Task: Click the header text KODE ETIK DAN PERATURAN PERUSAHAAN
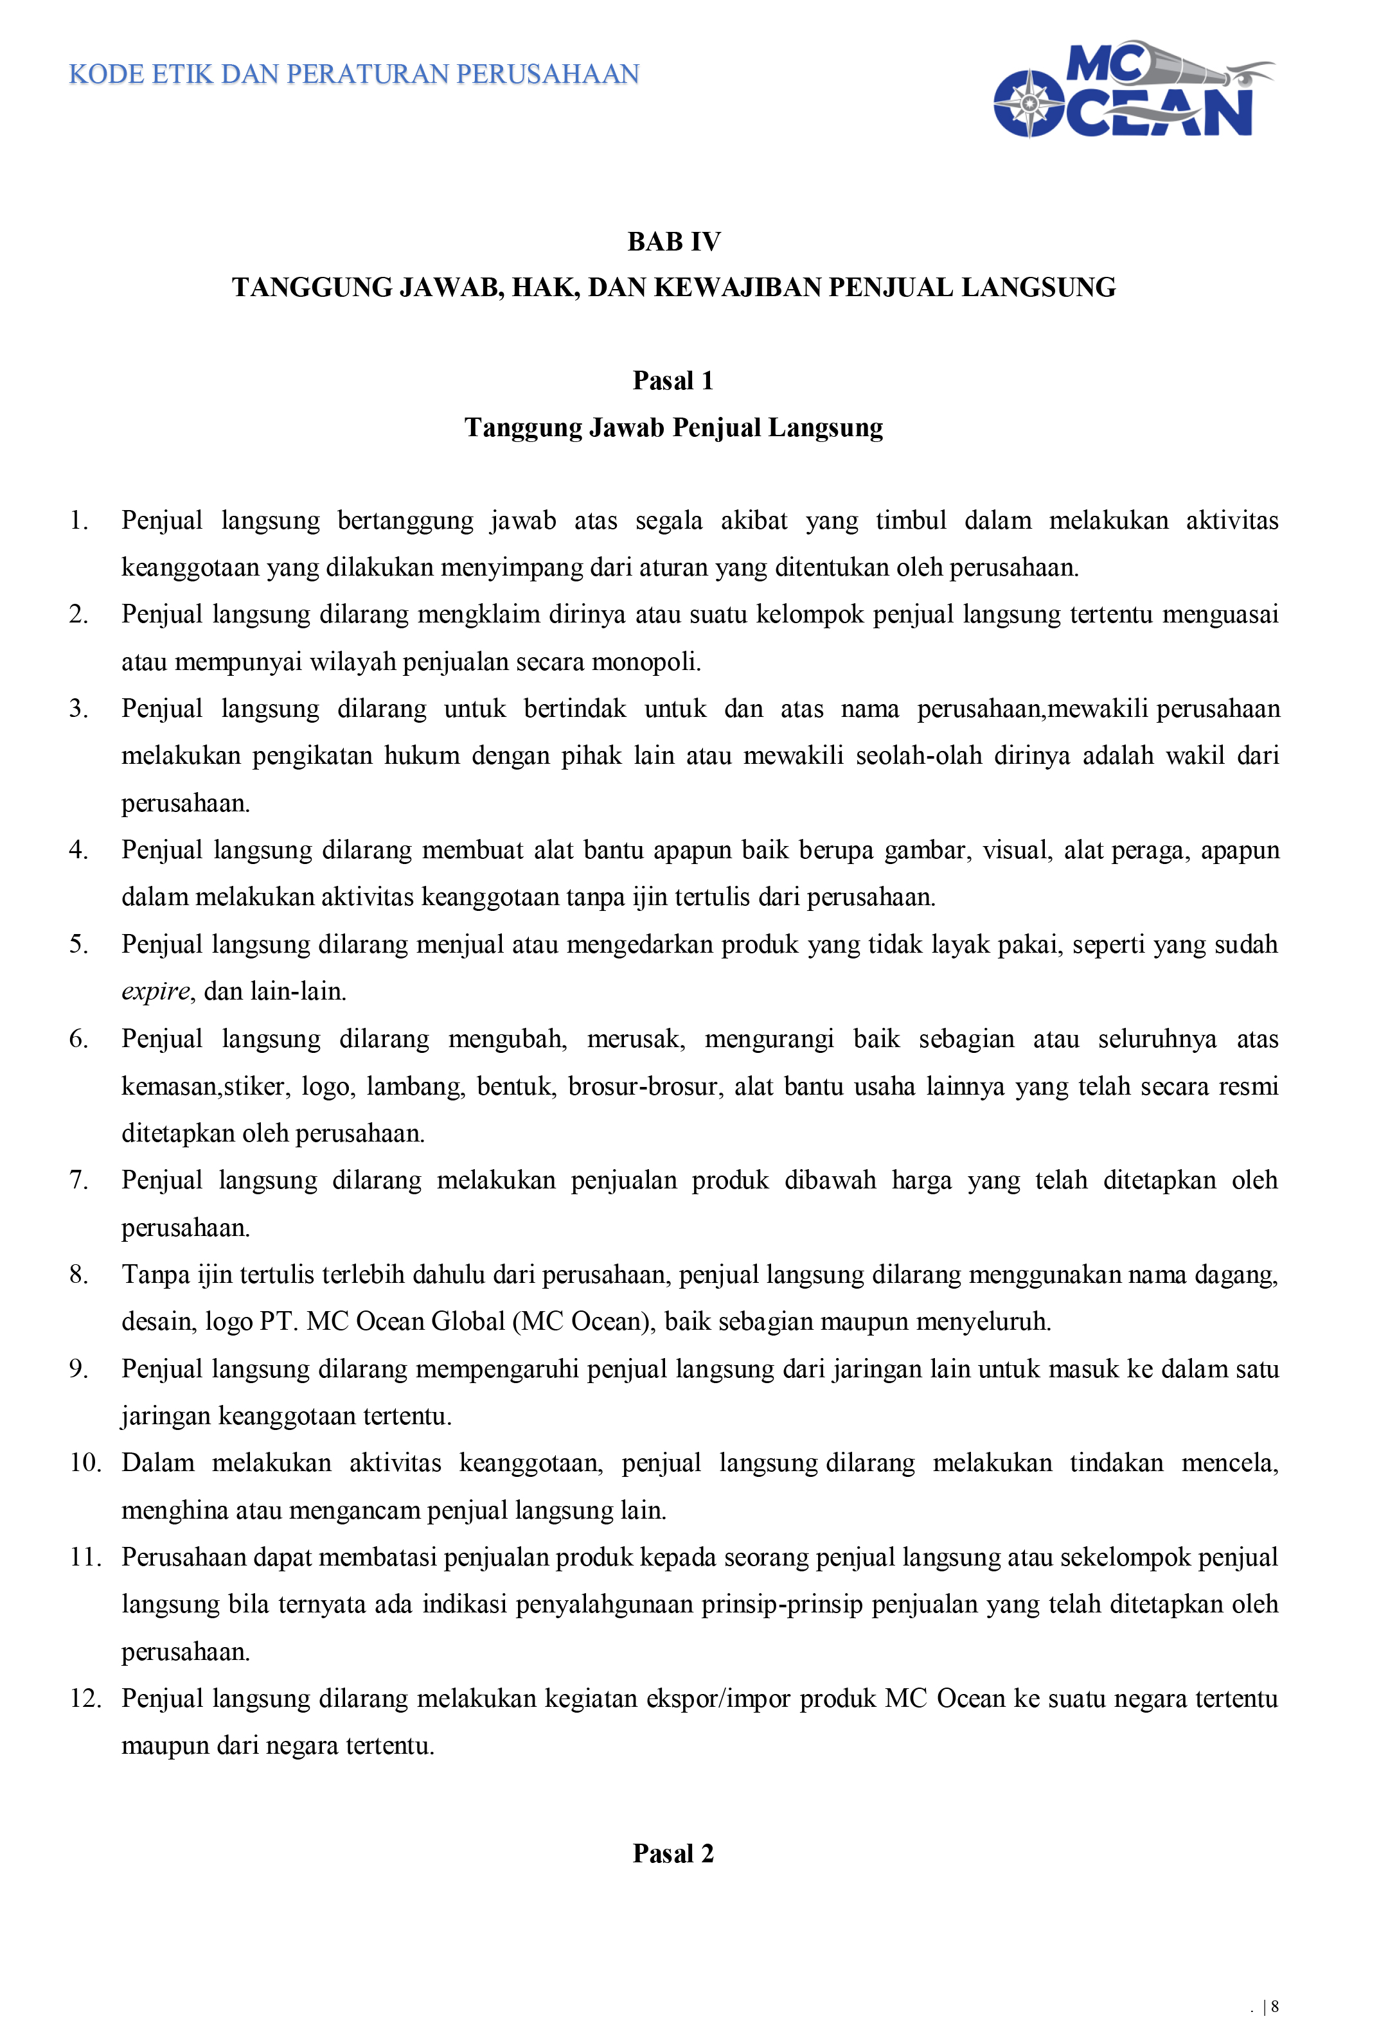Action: point(354,75)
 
